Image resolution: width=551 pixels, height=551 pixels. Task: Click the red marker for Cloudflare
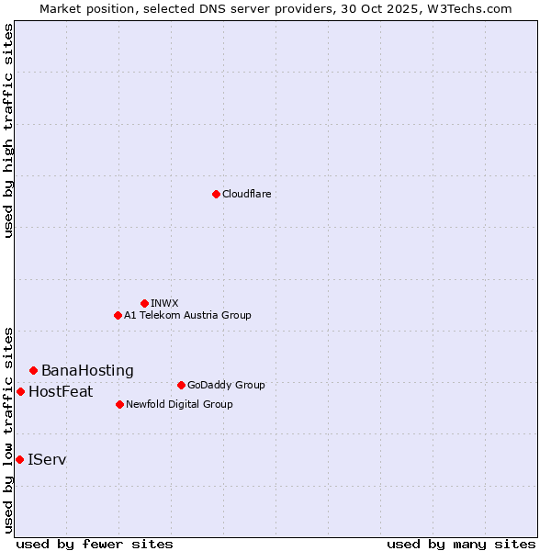pos(216,194)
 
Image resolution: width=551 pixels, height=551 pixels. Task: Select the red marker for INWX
pos(144,303)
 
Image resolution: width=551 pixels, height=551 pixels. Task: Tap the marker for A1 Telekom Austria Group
pos(118,315)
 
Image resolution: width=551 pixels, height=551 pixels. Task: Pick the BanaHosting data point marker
pos(33,370)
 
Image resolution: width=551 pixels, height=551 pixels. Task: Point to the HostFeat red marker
pos(20,391)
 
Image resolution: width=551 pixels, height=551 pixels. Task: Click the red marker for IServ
pos(19,459)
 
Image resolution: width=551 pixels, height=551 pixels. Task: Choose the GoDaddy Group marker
pos(181,385)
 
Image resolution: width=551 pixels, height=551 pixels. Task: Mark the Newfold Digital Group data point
pos(119,404)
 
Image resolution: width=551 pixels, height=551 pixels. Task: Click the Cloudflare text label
pos(247,194)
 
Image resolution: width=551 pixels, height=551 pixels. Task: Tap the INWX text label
pos(164,303)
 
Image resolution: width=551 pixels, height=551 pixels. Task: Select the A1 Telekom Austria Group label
pos(187,315)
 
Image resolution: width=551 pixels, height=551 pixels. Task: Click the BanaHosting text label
pos(87,370)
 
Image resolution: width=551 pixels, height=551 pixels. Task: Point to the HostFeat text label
pos(61,391)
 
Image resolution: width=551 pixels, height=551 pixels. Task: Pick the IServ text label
pos(47,459)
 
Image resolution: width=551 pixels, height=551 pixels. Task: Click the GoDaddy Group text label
pos(226,385)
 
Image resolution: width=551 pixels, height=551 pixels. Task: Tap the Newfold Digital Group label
pos(179,404)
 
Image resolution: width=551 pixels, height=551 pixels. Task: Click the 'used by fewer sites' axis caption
pos(95,544)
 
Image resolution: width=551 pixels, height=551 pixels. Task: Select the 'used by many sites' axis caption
pos(461,544)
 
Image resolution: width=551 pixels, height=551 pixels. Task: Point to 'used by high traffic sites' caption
pos(8,130)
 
